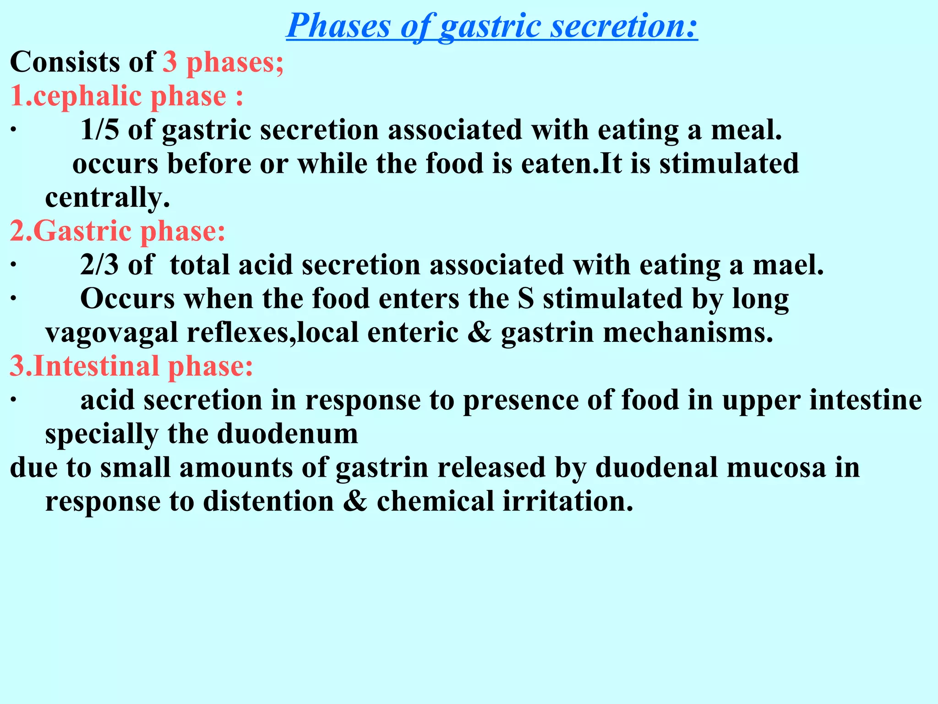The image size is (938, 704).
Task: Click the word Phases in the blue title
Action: click(x=338, y=26)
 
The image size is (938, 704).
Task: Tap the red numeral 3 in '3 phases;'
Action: click(x=170, y=62)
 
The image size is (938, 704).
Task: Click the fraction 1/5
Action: click(x=99, y=130)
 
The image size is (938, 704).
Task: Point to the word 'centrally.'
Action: click(x=108, y=198)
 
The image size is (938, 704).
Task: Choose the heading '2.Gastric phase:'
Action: click(x=118, y=231)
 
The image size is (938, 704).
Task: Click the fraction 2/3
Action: click(x=99, y=265)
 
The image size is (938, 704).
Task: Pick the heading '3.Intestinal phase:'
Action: click(x=131, y=367)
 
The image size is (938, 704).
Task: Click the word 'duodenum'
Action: click(x=287, y=434)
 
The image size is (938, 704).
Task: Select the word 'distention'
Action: click(x=269, y=502)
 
